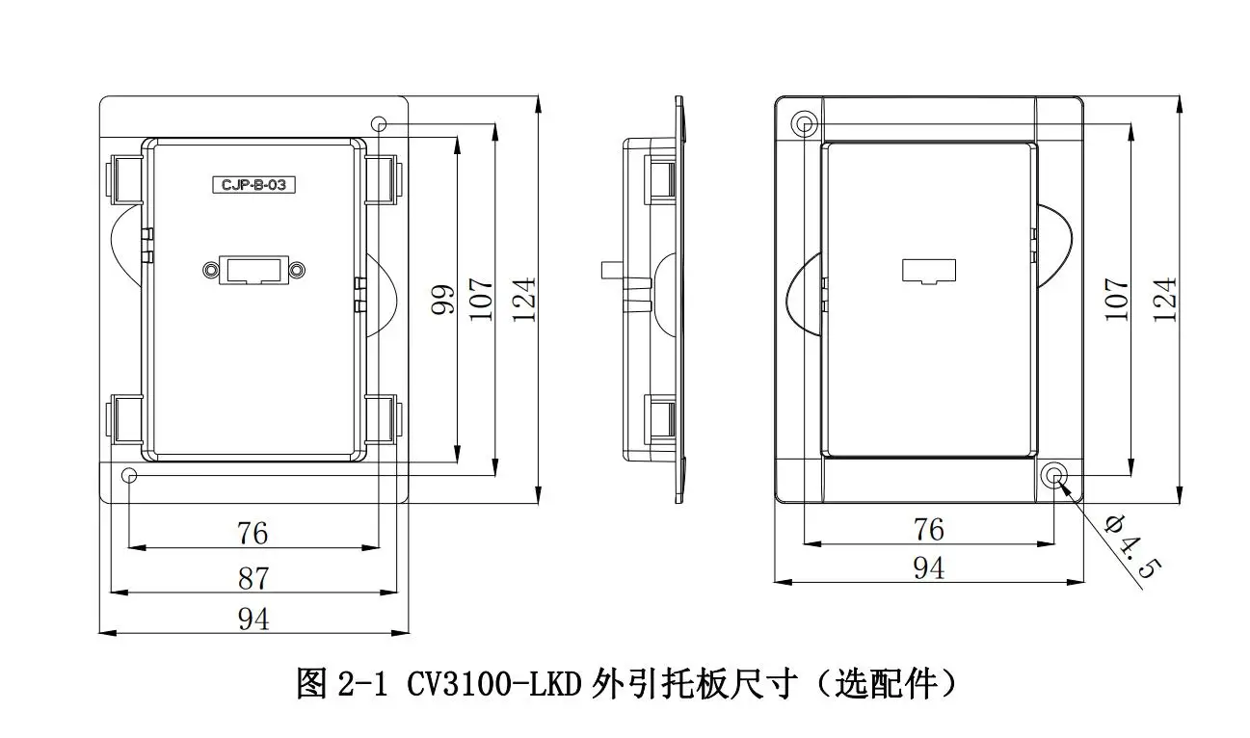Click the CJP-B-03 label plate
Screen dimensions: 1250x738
coord(253,185)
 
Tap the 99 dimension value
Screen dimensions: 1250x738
coord(444,300)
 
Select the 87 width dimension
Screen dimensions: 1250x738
coord(253,578)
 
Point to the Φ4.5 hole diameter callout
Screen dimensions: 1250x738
coord(1132,546)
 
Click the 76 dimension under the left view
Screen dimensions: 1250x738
coord(253,534)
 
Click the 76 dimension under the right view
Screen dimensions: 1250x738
coord(929,529)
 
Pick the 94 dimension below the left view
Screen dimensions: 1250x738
coord(253,619)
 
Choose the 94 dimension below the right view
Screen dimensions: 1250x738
coord(929,568)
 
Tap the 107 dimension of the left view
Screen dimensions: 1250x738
coord(481,300)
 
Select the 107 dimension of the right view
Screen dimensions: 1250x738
coord(1117,300)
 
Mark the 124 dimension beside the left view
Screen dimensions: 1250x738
coord(524,300)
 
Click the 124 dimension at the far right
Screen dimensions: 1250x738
coord(1165,300)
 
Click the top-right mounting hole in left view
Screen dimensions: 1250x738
coord(379,123)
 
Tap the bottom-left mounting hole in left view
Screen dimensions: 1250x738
coord(129,476)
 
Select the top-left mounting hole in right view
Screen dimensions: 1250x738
coord(804,124)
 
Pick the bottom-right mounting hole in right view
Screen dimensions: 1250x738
coord(1054,476)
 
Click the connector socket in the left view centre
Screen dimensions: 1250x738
coord(253,271)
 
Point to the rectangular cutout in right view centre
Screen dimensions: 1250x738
coord(929,272)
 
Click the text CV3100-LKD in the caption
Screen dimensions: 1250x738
coord(493,684)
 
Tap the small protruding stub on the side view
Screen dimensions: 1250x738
coord(612,270)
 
